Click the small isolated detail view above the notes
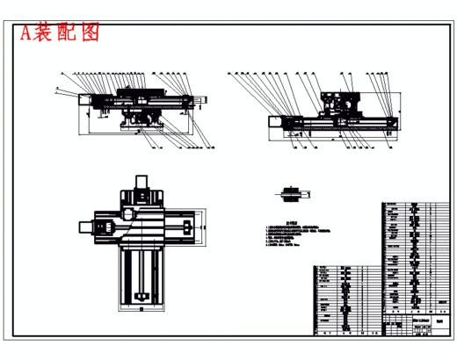(x=291, y=192)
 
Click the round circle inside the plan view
(x=129, y=214)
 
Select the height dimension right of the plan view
(x=207, y=230)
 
